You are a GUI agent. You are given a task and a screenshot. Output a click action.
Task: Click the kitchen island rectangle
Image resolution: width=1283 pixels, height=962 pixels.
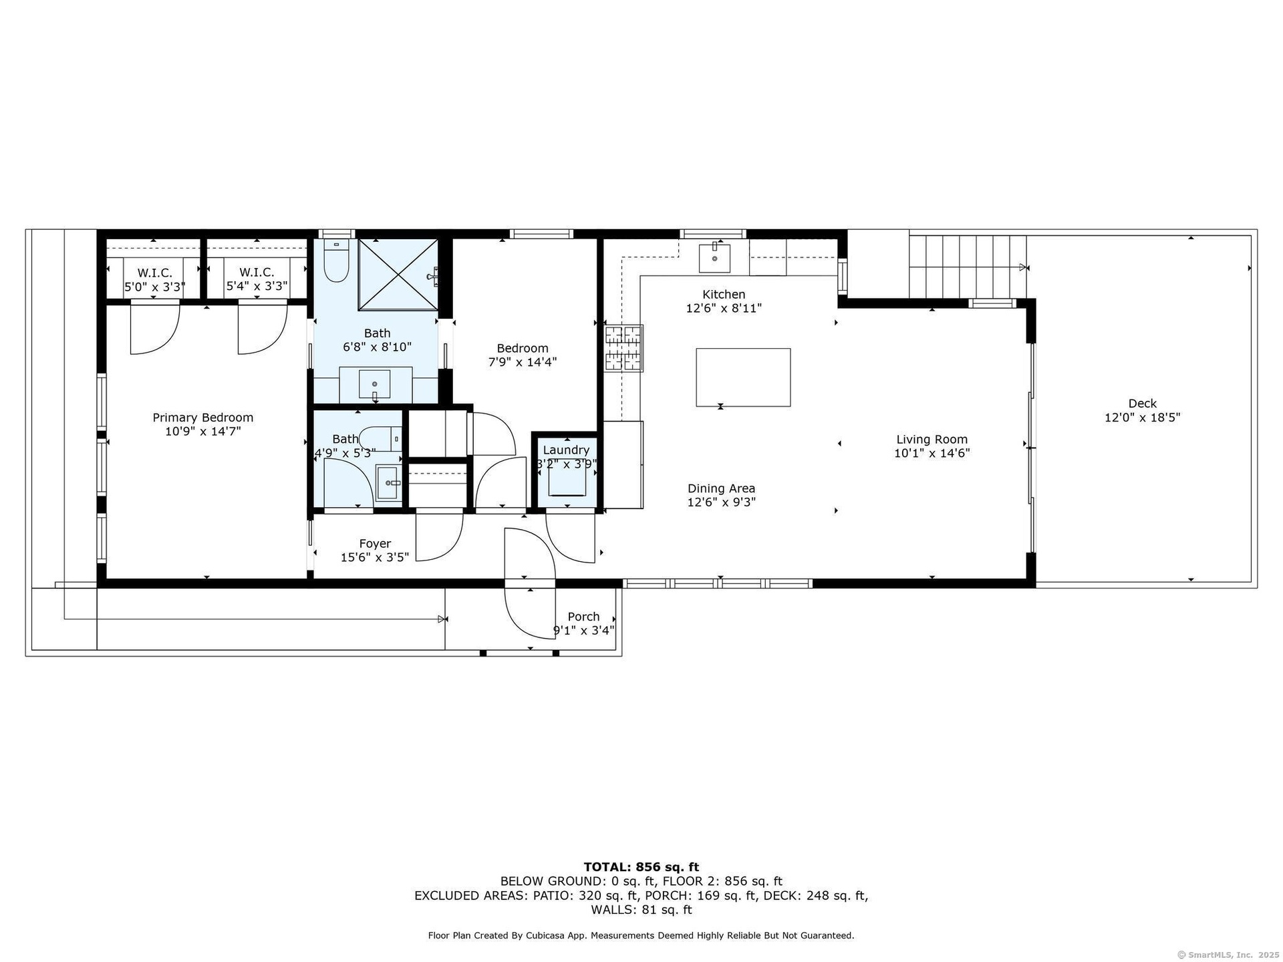[743, 377]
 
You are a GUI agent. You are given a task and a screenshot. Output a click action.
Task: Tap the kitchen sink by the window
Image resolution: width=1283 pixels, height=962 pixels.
[714, 258]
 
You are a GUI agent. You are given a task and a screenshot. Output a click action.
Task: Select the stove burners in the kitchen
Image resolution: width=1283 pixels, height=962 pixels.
[624, 347]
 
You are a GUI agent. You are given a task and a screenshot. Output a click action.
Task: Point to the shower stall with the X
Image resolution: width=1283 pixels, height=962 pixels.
[398, 275]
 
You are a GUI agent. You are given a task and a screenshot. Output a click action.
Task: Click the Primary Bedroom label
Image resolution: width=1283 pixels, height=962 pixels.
[203, 418]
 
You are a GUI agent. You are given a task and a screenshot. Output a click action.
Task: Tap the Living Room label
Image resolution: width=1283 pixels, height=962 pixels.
[932, 439]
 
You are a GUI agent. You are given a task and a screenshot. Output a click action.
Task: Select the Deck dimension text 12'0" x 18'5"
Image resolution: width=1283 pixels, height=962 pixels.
[1143, 418]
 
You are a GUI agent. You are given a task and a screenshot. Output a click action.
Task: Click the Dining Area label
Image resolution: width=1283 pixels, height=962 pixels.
[722, 488]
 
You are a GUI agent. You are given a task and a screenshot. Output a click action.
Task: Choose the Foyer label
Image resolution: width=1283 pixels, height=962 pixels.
[375, 544]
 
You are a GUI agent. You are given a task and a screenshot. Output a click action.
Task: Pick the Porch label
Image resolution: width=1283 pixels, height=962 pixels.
[583, 617]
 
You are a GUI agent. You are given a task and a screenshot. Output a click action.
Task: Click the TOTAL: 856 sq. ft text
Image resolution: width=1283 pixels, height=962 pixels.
[641, 867]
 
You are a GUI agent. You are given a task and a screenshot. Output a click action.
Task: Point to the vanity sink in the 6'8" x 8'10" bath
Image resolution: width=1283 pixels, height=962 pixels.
[375, 384]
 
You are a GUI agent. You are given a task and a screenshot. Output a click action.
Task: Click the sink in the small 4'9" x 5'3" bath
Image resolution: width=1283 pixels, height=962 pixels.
[388, 482]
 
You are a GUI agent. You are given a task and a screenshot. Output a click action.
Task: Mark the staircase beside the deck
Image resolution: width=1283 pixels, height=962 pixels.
[968, 267]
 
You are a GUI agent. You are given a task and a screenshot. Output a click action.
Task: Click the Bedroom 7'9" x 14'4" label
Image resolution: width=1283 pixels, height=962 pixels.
[523, 355]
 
